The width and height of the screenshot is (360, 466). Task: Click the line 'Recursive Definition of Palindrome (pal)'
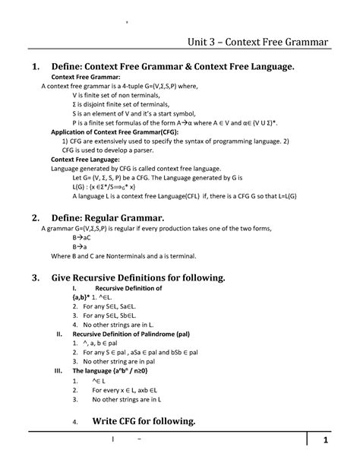[125, 333]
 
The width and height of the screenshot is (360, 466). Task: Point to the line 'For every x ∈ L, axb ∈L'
[129, 389]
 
